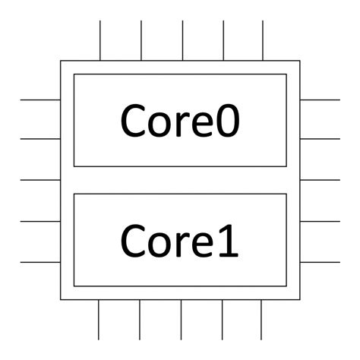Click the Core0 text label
pyautogui.click(x=180, y=120)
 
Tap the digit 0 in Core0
pyautogui.click(x=227, y=120)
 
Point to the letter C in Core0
pyautogui.click(x=134, y=120)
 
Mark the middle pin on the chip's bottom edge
pyautogui.click(x=181, y=319)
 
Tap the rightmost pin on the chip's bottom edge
pyautogui.click(x=262, y=319)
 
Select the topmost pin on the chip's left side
pyautogui.click(x=40, y=99)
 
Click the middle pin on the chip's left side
pyautogui.click(x=40, y=180)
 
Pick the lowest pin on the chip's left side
pyautogui.click(x=40, y=262)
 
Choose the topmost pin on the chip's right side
pyautogui.click(x=320, y=99)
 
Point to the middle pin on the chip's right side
pyautogui.click(x=320, y=180)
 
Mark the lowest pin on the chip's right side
pyautogui.click(x=320, y=262)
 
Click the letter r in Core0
pyautogui.click(x=182, y=123)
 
